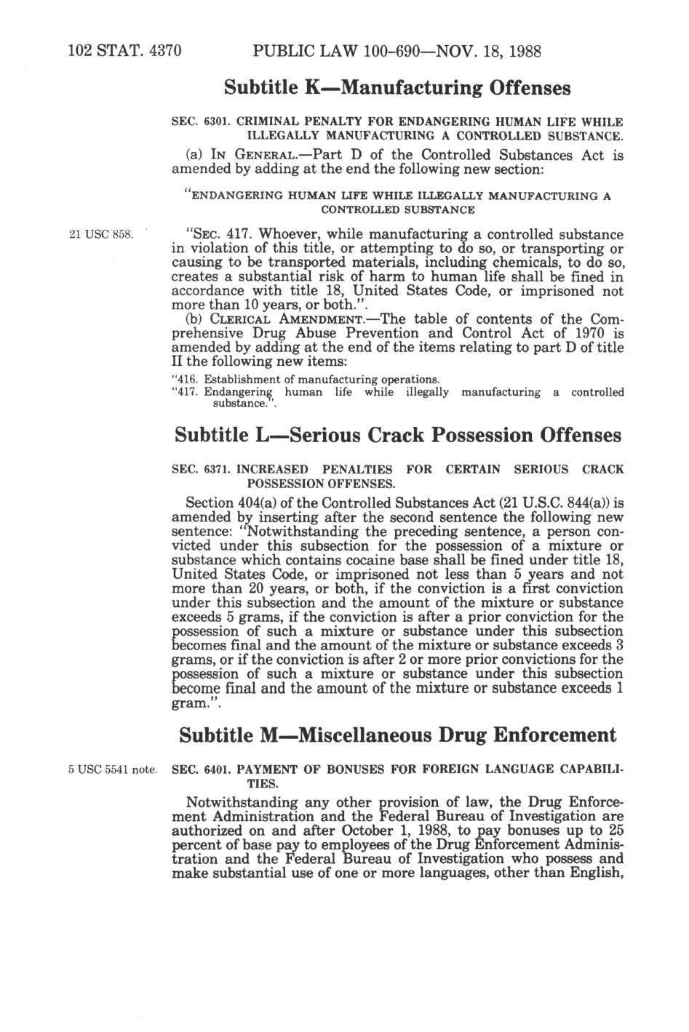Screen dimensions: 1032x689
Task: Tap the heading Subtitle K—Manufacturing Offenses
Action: pyautogui.click(x=397, y=88)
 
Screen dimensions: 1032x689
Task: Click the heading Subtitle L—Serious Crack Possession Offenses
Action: pyautogui.click(x=398, y=435)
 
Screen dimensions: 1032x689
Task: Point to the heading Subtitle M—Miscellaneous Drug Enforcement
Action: pyautogui.click(x=397, y=735)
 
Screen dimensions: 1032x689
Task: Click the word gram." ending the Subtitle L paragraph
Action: pyautogui.click(x=191, y=704)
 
